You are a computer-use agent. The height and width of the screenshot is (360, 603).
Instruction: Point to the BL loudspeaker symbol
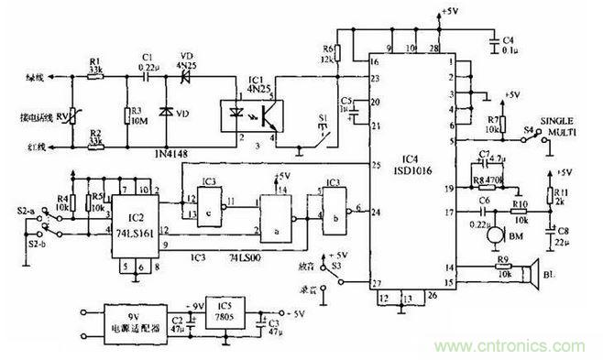coord(530,274)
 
